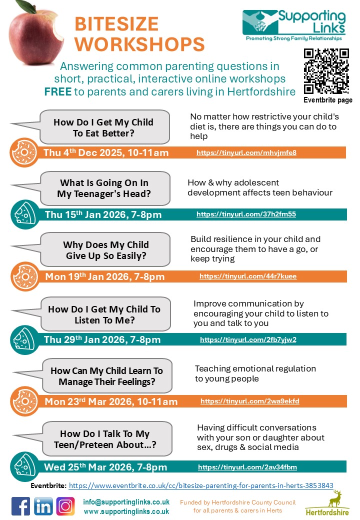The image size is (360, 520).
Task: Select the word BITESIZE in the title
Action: coord(116,23)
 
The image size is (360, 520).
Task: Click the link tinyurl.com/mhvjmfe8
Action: coord(246,152)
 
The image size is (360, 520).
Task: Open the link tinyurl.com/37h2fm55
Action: coord(246,214)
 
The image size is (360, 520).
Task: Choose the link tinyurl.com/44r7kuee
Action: coord(248,276)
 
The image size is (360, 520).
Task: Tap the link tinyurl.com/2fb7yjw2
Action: coord(248,339)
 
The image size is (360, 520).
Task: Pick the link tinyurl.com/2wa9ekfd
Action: coord(250,401)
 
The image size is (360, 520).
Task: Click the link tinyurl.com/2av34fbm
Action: coord(247,467)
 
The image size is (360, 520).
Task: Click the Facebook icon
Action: coord(20,506)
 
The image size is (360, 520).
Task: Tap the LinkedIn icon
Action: coord(43,506)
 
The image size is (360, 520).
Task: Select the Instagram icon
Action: coord(65,506)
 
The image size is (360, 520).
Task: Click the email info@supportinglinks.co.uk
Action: coord(126,502)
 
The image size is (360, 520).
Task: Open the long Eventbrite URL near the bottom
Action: coord(201,485)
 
